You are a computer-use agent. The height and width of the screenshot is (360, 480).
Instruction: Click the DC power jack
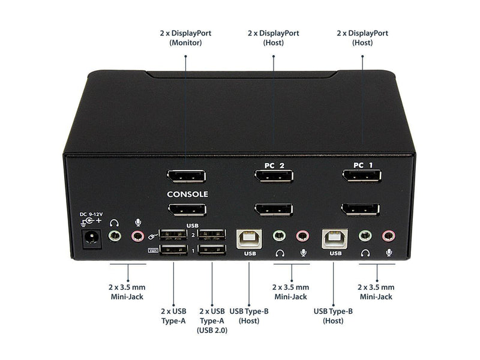[91, 239]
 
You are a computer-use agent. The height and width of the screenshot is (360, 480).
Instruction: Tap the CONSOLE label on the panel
[187, 194]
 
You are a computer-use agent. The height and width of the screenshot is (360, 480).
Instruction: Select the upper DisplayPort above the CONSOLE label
[186, 176]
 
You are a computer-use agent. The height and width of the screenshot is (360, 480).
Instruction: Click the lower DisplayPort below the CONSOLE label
[187, 210]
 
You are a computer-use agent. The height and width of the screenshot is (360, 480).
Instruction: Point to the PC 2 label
[274, 166]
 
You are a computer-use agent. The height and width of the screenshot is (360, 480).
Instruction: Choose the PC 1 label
[363, 166]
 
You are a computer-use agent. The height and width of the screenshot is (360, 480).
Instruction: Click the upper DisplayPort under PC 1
[362, 176]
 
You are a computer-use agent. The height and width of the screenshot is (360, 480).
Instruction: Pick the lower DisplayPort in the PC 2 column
[274, 209]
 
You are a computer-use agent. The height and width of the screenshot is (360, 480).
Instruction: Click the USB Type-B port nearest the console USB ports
[249, 239]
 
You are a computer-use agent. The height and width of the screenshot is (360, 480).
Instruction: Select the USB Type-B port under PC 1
[335, 238]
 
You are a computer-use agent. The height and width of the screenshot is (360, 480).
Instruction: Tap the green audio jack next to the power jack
[115, 236]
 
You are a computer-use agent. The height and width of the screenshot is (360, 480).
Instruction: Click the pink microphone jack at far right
[388, 236]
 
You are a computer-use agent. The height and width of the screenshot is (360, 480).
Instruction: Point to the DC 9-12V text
[91, 214]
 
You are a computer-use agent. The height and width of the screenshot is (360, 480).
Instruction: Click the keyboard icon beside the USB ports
[153, 250]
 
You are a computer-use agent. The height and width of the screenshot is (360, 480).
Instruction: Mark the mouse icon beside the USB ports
[153, 236]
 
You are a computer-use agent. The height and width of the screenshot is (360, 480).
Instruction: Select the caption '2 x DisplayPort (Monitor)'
[185, 38]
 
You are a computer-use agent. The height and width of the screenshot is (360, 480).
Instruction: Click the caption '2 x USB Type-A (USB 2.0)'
[212, 320]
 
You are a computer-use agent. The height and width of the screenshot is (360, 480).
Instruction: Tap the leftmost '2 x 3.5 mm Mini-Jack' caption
[127, 292]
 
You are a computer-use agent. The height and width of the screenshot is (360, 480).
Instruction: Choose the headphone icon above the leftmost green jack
[114, 223]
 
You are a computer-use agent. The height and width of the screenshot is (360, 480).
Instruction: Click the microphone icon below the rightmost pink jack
[389, 253]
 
